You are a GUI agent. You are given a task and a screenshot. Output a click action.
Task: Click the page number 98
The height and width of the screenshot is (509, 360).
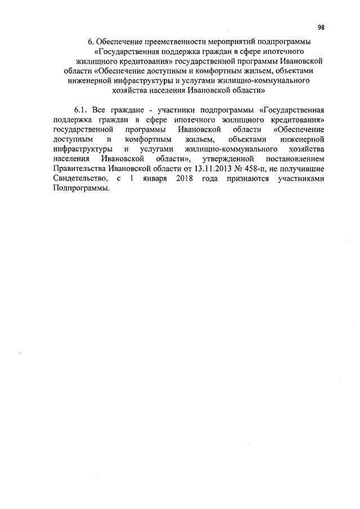[321, 28]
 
